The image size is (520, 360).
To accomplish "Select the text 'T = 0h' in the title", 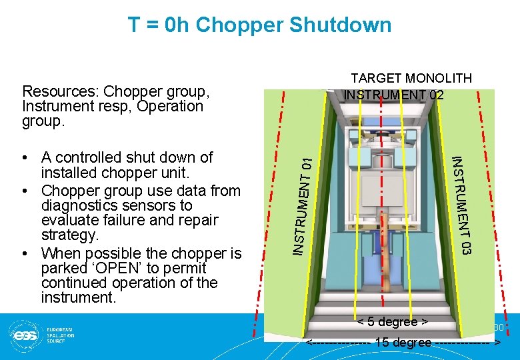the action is pos(159,25).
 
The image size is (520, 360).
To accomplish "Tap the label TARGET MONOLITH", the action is pos(411,78).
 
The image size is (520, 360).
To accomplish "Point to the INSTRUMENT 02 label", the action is pos(393,94).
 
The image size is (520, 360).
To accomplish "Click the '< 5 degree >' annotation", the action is pos(392,322).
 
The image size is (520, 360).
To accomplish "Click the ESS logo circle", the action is pos(23,333).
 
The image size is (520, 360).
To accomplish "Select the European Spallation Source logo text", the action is pos(60,334).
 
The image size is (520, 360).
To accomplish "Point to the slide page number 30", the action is pos(498,327).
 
